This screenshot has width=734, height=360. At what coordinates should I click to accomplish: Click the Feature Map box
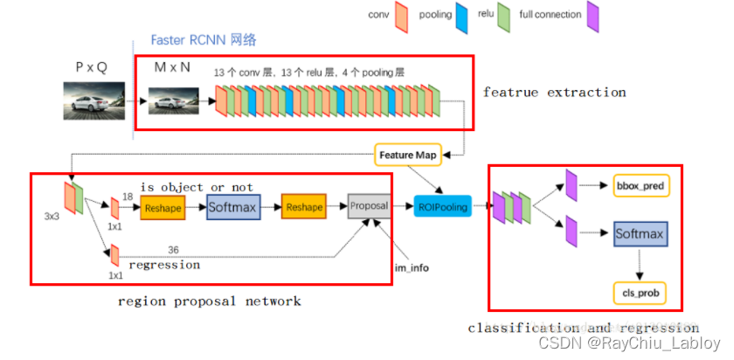(407, 155)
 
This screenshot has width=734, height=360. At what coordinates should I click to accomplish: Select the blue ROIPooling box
(443, 207)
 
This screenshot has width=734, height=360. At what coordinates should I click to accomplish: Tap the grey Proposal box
(369, 206)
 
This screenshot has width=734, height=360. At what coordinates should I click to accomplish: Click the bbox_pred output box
(641, 187)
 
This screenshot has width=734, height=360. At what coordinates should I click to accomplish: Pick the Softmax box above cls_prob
(640, 234)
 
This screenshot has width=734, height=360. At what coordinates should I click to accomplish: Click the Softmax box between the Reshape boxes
(233, 207)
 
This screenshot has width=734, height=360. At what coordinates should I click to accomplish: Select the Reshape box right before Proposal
(302, 207)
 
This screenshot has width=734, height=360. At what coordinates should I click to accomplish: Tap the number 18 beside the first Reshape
(127, 198)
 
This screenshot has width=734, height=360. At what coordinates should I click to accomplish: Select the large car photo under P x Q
(92, 100)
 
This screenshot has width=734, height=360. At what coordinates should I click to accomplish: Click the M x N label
(172, 67)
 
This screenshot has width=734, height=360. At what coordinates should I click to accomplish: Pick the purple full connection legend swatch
(592, 15)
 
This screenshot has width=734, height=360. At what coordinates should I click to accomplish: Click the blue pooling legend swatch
(460, 15)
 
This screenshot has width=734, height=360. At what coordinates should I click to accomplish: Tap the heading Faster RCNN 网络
(204, 40)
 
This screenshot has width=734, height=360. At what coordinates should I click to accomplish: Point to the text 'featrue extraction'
(554, 92)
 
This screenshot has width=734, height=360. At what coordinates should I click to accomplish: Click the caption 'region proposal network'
(210, 301)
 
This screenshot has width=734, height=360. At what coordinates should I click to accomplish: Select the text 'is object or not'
(197, 187)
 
